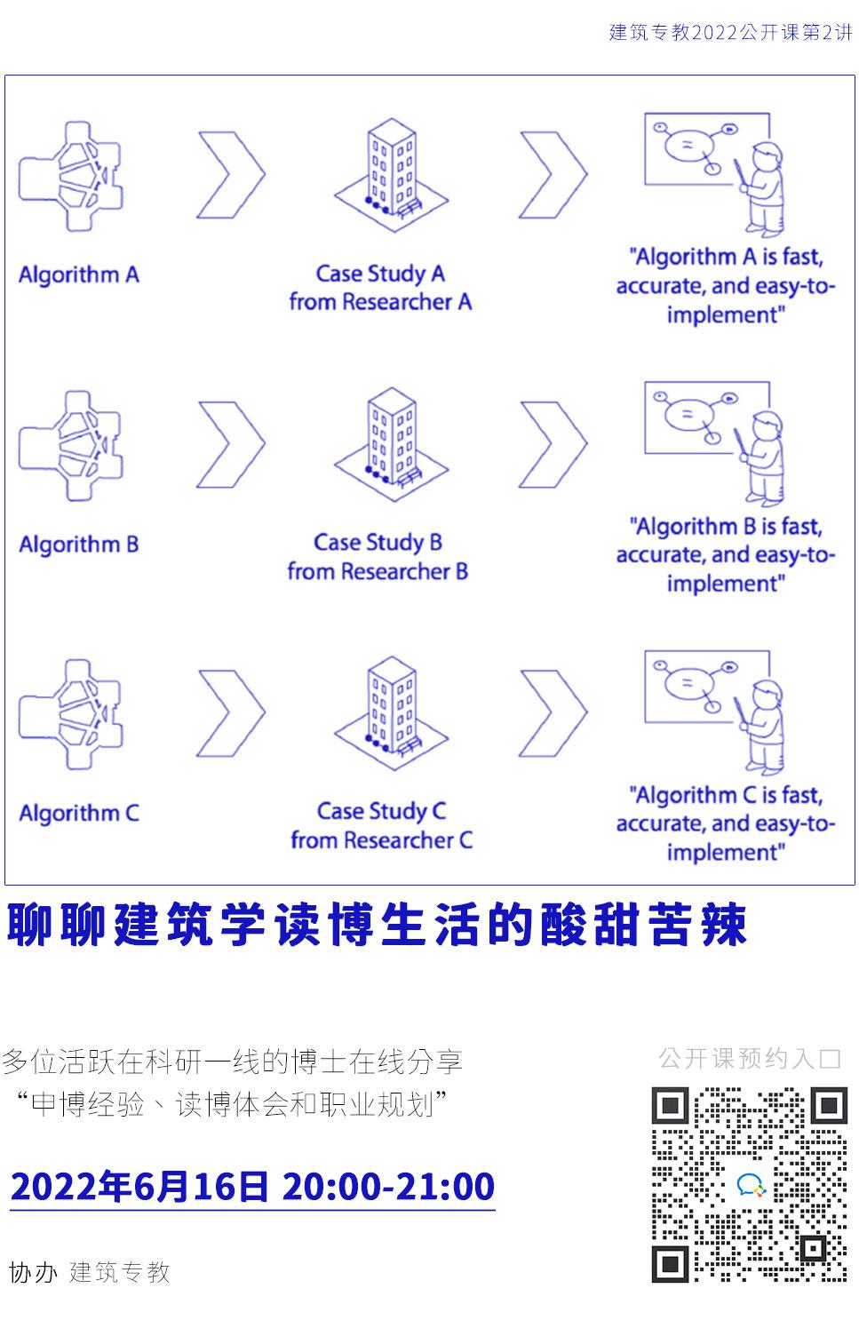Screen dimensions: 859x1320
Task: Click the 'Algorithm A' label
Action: click(79, 275)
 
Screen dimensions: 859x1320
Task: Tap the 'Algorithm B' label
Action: click(79, 545)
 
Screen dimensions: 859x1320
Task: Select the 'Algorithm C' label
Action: click(79, 813)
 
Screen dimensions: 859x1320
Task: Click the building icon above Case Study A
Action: click(392, 175)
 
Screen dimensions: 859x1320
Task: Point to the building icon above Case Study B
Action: click(392, 444)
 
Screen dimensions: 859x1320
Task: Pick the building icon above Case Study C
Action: click(392, 713)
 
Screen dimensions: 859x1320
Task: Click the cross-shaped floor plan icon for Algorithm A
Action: click(71, 176)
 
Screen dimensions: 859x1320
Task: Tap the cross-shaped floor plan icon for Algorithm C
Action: click(71, 714)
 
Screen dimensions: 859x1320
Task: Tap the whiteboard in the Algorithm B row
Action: click(706, 417)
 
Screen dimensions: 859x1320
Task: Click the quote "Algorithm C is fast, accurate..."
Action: click(726, 823)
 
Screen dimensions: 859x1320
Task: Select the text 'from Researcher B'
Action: click(378, 571)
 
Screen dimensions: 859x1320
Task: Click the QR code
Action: click(750, 1184)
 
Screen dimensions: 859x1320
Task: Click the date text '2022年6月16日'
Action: click(139, 1186)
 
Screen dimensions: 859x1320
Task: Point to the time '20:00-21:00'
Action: click(388, 1186)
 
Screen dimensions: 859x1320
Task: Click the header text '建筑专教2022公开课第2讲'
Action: click(730, 32)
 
